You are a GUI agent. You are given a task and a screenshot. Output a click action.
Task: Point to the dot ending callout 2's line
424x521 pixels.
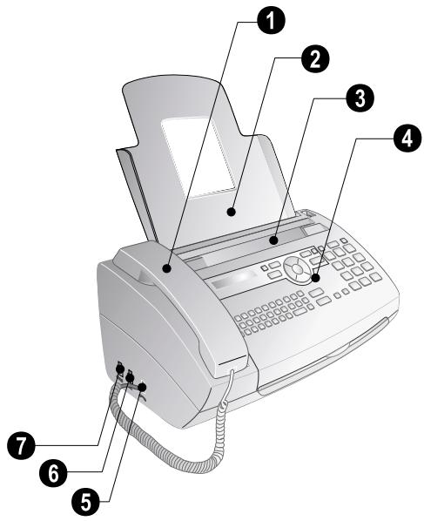point(232,210)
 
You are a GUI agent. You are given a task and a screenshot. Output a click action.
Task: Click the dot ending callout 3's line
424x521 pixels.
point(273,237)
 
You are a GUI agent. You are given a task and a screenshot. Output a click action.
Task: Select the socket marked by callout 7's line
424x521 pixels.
point(119,369)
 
